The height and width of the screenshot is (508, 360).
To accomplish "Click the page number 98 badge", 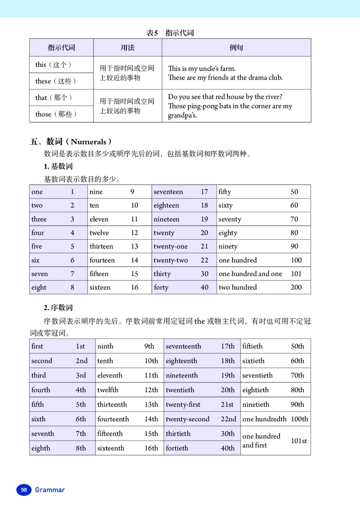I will pyautogui.click(x=24, y=490).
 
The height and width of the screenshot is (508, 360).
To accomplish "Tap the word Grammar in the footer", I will pyautogui.click(x=50, y=490).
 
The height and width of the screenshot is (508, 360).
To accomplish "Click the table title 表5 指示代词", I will pyautogui.click(x=170, y=33).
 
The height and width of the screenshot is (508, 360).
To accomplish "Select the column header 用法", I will pyautogui.click(x=127, y=47).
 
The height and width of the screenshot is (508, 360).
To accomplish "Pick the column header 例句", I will pyautogui.click(x=236, y=47).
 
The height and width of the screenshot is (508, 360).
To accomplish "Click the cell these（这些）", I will pyautogui.click(x=56, y=81).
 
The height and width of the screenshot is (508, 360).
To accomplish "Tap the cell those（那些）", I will pyautogui.click(x=56, y=114).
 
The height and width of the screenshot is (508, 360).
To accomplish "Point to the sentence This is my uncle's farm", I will pyautogui.click(x=202, y=69).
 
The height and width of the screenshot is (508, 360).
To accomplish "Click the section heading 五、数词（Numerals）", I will pyautogui.click(x=71, y=142).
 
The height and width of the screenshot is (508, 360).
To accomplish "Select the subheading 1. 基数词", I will pyautogui.click(x=58, y=166).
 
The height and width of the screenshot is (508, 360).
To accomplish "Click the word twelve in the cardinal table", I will pyautogui.click(x=99, y=233).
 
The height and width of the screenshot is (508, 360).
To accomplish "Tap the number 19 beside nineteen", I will pyautogui.click(x=204, y=219).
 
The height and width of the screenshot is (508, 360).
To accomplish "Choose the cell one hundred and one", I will pyautogui.click(x=250, y=274).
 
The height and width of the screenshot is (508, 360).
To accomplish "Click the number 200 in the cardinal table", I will pyautogui.click(x=296, y=287).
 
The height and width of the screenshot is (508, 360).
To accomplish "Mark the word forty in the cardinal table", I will pyautogui.click(x=161, y=287).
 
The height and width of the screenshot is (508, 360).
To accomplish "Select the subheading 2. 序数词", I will pyautogui.click(x=58, y=307).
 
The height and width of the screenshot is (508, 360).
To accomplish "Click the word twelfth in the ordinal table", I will pyautogui.click(x=108, y=390).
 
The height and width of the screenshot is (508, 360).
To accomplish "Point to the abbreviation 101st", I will pyautogui.click(x=299, y=441).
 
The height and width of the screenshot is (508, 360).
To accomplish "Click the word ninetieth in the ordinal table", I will pyautogui.click(x=256, y=404).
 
